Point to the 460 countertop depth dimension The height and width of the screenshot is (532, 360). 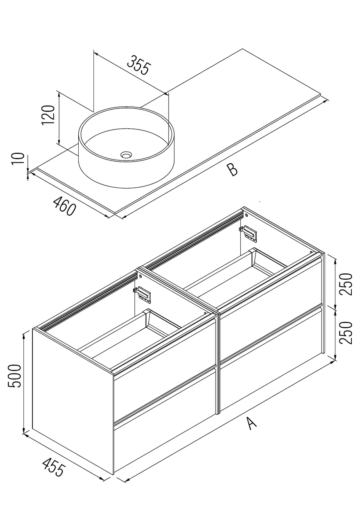64,206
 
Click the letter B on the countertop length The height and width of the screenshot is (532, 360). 232,170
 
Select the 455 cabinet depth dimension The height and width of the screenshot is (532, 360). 53,467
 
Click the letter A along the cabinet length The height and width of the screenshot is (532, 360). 252,423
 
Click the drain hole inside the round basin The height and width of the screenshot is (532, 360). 126,155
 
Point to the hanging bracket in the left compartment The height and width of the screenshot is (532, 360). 143,295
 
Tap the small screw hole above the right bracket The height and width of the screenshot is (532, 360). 247,215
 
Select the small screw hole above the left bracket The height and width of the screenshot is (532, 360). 140,275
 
